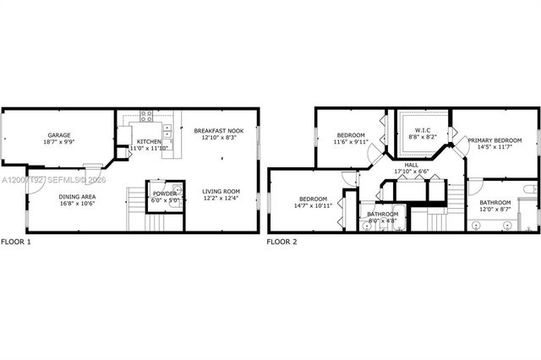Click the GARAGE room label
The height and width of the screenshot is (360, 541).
[58, 134]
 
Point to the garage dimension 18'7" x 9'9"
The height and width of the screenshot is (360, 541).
[58, 142]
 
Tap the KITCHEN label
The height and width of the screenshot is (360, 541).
[149, 141]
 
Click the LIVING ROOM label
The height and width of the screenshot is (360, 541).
[221, 191]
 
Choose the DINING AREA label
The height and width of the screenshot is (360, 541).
[76, 197]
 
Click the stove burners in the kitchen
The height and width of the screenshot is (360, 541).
[146, 114]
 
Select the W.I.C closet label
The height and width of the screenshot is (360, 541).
[419, 130]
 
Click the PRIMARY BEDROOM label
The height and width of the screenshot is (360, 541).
[495, 140]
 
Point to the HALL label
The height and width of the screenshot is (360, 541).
[412, 164]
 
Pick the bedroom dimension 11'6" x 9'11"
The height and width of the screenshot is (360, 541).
[351, 143]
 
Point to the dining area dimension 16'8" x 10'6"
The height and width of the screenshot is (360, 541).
[76, 205]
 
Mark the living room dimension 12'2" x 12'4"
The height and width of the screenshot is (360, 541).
[221, 199]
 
